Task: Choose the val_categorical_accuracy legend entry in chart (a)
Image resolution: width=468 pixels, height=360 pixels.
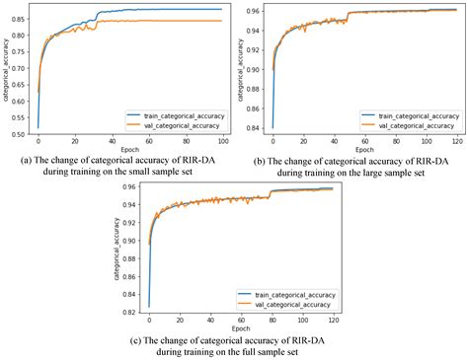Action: (x=174, y=124)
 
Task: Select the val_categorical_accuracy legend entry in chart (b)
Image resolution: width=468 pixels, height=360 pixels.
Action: (x=409, y=124)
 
